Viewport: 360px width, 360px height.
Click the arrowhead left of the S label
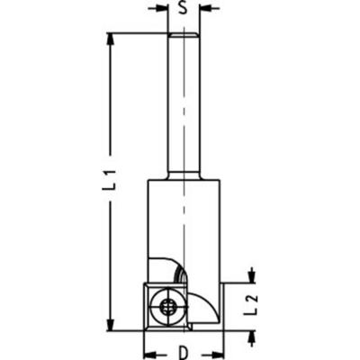(x=162, y=9)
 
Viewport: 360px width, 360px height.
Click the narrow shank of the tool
(x=184, y=108)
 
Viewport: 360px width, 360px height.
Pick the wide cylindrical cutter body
(x=184, y=225)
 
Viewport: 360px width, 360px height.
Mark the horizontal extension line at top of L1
(x=135, y=33)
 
